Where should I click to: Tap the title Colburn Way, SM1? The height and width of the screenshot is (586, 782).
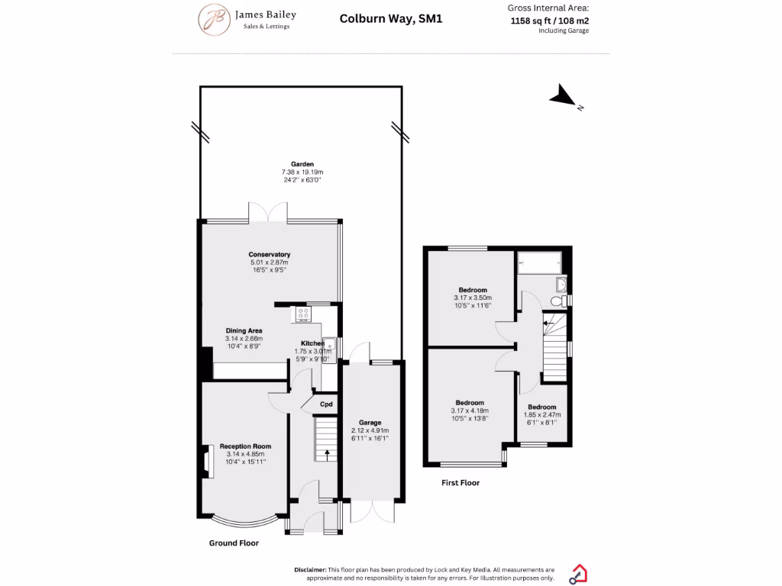pos(390,19)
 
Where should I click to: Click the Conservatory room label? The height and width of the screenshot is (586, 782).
pos(269,254)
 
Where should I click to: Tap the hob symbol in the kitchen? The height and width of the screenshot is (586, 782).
pos(302,312)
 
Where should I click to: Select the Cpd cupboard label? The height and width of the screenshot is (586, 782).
pos(326,404)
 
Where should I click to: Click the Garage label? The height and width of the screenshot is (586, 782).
pos(370,422)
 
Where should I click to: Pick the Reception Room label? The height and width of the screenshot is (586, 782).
pos(245,446)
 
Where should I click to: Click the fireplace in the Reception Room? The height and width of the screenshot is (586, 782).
pos(205,460)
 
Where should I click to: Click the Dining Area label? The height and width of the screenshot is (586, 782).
pos(244,330)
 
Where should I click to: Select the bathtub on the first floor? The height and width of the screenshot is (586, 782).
pos(539,262)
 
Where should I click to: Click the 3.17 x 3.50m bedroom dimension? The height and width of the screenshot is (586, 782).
pos(473,298)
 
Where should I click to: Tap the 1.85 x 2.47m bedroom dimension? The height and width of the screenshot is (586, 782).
pos(541,414)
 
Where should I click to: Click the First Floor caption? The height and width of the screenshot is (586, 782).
pos(460,482)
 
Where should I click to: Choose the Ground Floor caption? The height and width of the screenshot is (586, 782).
pos(234,543)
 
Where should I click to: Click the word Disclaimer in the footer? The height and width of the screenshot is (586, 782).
pos(309,570)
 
